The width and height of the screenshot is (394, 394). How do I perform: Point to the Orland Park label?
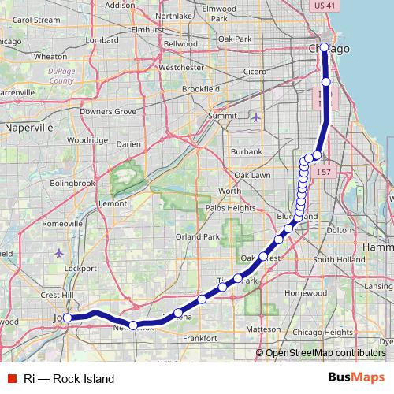[x=197, y=236]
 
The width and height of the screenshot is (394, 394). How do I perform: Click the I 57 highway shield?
[x=322, y=171]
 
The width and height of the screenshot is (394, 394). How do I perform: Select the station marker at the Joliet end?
[x=68, y=318]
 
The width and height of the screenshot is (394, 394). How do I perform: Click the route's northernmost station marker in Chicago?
[x=324, y=47]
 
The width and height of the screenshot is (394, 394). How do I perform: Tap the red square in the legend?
[x=12, y=378]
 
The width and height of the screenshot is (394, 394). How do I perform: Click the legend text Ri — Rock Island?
[x=69, y=378]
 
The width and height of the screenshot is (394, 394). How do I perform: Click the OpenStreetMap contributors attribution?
[x=324, y=353]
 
